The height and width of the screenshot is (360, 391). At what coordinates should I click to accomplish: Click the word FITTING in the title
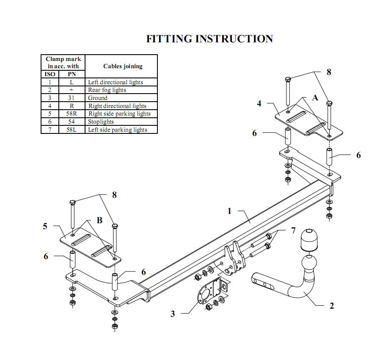(x=169, y=39)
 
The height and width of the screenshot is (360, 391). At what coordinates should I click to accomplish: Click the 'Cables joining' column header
(x=123, y=66)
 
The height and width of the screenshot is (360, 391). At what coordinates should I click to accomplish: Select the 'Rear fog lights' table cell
(x=107, y=90)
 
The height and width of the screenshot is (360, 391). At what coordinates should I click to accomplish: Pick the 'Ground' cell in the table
(x=98, y=98)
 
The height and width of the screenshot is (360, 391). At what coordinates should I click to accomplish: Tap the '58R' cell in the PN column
(x=71, y=114)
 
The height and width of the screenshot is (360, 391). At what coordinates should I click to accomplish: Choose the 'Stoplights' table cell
(x=101, y=122)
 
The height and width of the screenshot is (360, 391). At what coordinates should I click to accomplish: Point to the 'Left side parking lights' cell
(x=118, y=130)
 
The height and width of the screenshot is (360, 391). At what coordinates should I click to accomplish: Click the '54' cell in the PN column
(x=71, y=122)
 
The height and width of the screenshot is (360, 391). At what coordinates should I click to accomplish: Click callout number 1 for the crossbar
(x=229, y=211)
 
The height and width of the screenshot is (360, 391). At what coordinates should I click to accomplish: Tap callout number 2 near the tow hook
(x=332, y=306)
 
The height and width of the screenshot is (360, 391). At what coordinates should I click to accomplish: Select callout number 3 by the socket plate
(x=173, y=314)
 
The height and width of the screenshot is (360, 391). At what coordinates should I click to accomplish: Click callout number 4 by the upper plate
(x=259, y=103)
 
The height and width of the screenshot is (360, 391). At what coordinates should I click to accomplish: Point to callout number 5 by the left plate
(x=45, y=226)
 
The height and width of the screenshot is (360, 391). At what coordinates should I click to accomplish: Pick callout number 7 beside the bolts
(x=293, y=231)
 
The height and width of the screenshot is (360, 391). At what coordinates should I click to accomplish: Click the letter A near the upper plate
(x=315, y=98)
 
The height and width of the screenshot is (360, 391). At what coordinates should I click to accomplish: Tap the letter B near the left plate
(x=99, y=220)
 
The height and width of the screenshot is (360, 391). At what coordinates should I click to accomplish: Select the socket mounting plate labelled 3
(x=204, y=296)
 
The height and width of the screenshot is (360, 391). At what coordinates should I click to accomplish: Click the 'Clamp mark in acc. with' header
(x=63, y=63)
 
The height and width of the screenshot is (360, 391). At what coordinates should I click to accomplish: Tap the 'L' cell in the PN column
(x=71, y=82)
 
